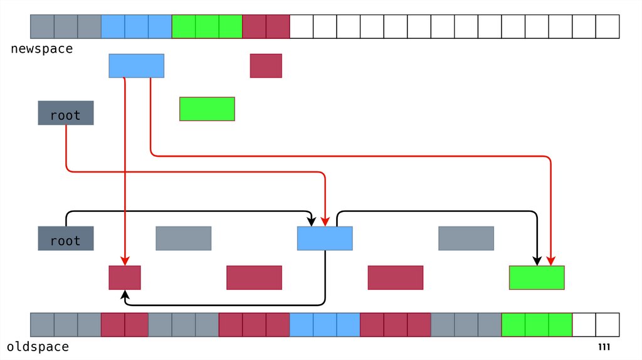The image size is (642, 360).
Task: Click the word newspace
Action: pos(41,49)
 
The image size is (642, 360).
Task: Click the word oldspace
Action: pos(38,347)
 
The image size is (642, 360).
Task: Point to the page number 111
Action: pos(604,347)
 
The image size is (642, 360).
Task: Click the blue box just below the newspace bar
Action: pos(136,66)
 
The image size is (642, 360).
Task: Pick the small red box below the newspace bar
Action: pos(266,66)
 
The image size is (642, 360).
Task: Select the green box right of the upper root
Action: pos(207,109)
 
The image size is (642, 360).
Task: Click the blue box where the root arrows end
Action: pos(325,238)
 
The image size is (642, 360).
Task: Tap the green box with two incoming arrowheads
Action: pos(537,277)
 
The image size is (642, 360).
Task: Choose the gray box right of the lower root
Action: pos(183,238)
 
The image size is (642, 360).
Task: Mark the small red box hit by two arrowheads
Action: pos(125,277)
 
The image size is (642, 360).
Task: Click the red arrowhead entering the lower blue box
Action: pos(325,221)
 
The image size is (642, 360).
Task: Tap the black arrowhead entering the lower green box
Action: pos(537,261)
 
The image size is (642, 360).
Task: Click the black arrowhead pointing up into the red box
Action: pos(125,294)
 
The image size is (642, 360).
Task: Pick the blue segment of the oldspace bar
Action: pos(325,324)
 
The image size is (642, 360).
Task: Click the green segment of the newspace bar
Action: pos(207,26)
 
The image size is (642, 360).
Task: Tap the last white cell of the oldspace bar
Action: pos(608,324)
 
